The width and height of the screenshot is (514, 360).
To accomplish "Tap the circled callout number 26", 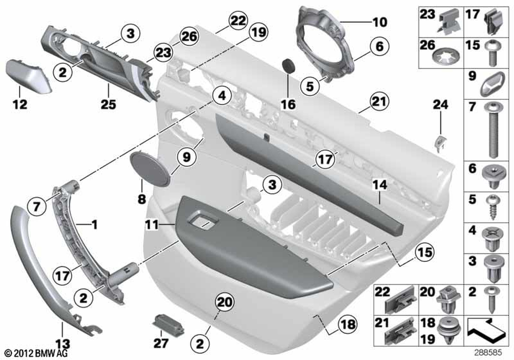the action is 189,37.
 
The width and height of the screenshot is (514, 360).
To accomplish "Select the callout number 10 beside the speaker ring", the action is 380,22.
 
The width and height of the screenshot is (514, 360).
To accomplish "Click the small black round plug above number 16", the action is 288,66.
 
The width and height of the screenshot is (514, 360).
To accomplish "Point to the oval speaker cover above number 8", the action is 150,168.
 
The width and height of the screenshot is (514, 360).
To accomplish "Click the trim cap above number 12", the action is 28,77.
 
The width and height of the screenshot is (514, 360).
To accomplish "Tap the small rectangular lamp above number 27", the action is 169,323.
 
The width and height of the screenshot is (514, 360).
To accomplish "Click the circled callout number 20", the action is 225,302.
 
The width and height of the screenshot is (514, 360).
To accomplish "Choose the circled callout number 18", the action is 348,325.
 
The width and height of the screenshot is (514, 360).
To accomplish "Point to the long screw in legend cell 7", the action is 493,130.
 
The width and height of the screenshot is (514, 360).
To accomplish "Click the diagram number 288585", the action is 488,353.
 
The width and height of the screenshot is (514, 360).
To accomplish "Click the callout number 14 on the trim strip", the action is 380,185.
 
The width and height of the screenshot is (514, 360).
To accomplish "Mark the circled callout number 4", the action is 222,96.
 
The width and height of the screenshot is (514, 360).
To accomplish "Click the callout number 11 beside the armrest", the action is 152,225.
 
